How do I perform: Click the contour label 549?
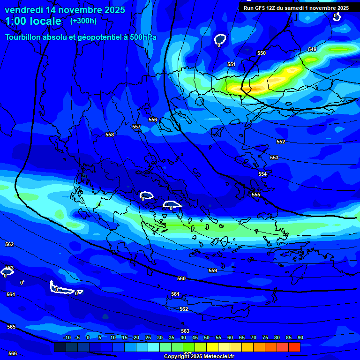pyautogui.click(x=312, y=49)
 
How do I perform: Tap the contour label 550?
pyautogui.click(x=262, y=53)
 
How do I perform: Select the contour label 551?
pyautogui.click(x=232, y=64)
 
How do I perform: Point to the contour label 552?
pyautogui.click(x=281, y=142)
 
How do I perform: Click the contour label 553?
pyautogui.click(x=274, y=157)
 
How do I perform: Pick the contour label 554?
pyautogui.click(x=262, y=174)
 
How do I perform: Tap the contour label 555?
pyautogui.click(x=256, y=195)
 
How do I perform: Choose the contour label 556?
pyautogui.click(x=153, y=120)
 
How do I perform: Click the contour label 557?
pyautogui.click(x=136, y=127)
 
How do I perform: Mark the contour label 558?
pyautogui.click(x=110, y=135)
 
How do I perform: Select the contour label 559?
pyautogui.click(x=213, y=270)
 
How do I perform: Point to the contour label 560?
pyautogui.click(x=181, y=278)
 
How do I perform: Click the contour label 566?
pyautogui.click(x=13, y=353)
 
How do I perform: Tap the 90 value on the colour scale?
pyautogui.click(x=300, y=337)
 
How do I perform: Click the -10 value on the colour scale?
pyautogui.click(x=67, y=337)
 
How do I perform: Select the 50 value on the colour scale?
pyautogui.click(x=207, y=337)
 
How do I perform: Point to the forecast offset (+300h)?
pyautogui.click(x=83, y=21)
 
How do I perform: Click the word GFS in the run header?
pyautogui.click(x=261, y=8)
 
